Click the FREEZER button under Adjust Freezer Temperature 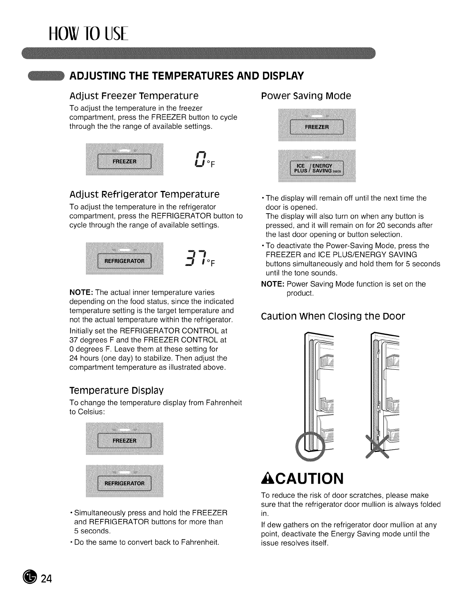pos(125,161)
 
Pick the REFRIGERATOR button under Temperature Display pos(124,483)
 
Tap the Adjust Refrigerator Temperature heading pos(144,195)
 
